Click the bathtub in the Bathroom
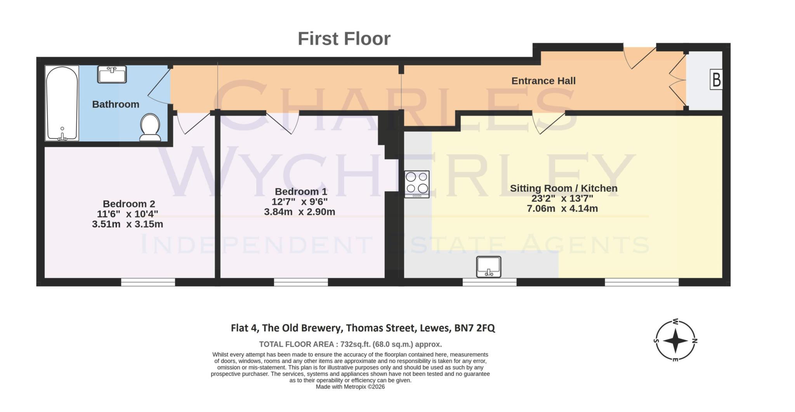62,103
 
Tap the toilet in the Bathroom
150,127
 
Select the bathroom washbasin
112,74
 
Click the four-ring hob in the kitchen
417,184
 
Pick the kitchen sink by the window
489,267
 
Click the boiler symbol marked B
716,80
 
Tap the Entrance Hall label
543,81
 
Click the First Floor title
344,39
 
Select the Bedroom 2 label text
129,204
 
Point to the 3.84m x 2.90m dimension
299,212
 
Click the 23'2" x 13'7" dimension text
562,198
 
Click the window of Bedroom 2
148,282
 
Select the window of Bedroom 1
301,282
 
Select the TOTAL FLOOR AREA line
350,344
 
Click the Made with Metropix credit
350,387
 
